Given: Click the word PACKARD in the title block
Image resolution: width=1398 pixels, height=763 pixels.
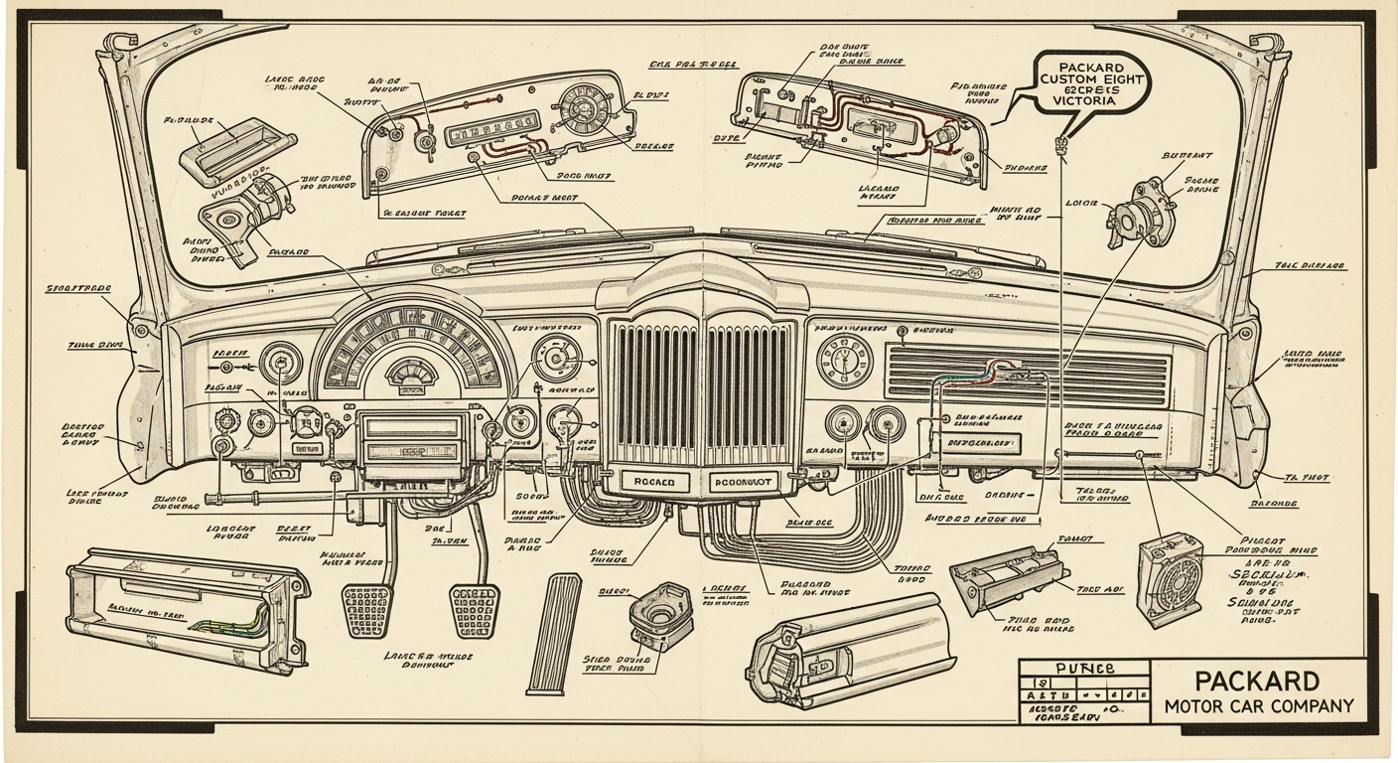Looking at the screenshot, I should [x=1258, y=682].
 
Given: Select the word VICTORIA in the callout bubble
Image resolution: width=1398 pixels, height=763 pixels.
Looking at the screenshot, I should [x=1079, y=101].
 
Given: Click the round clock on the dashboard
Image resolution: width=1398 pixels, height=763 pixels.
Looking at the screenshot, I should [x=844, y=360].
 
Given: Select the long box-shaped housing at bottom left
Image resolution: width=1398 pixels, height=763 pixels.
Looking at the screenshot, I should [x=185, y=605].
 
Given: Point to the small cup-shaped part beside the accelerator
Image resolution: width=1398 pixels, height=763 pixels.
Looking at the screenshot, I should [x=658, y=615].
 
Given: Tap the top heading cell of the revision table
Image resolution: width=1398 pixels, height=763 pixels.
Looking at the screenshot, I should [x=1083, y=669].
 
